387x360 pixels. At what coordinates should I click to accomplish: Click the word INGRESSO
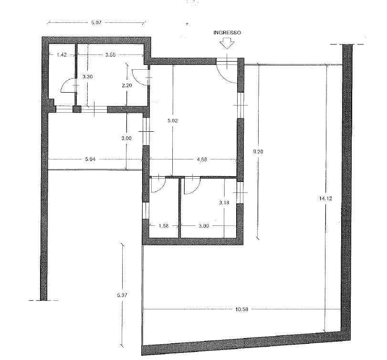(227, 32)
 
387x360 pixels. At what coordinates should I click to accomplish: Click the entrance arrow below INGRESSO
(227, 43)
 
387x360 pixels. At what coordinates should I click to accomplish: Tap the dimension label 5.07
(96, 23)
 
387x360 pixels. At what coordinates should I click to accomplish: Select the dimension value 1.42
(62, 55)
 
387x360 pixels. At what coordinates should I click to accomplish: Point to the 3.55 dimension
(111, 55)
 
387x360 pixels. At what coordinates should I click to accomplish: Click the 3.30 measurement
(88, 77)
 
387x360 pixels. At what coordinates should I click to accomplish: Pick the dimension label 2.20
(127, 85)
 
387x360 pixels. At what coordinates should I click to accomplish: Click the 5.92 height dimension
(173, 121)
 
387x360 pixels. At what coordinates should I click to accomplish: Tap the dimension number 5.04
(90, 159)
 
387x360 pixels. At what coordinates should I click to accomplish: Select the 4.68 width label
(202, 159)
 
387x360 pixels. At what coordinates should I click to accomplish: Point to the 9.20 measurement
(258, 152)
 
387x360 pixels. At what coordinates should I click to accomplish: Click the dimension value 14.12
(326, 199)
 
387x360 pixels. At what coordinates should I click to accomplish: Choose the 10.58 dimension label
(242, 309)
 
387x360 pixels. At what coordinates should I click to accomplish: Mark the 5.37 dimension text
(123, 295)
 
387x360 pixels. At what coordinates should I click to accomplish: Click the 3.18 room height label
(224, 203)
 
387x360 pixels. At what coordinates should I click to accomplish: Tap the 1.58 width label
(164, 226)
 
